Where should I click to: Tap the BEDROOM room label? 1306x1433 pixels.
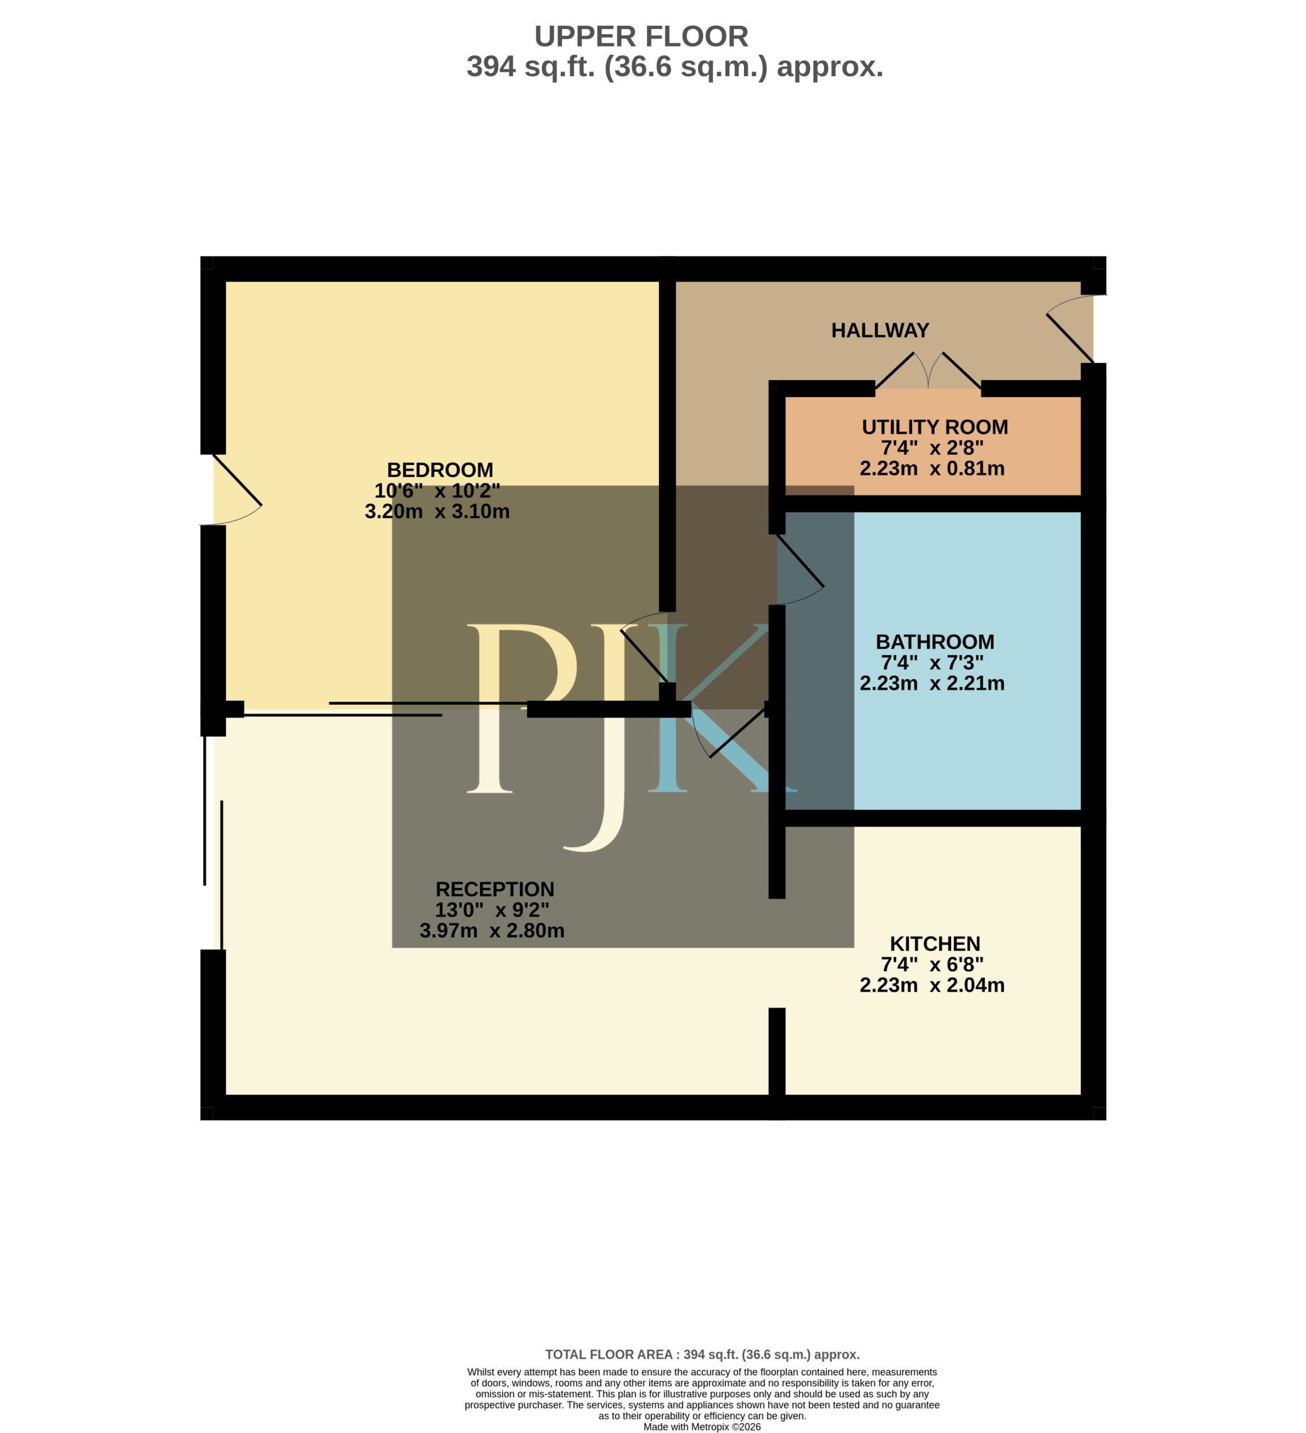tap(439, 470)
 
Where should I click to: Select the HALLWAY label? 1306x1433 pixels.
tap(879, 330)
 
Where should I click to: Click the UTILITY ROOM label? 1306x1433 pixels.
tap(934, 427)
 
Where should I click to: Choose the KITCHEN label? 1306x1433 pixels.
tap(934, 943)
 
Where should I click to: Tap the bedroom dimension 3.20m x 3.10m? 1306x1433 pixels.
tap(437, 511)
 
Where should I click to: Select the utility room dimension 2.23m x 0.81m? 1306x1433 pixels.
tap(931, 468)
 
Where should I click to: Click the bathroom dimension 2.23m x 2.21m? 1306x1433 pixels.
tap(931, 682)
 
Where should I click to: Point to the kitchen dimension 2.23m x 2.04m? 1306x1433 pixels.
tap(931, 985)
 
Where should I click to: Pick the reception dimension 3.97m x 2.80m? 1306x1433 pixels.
tap(491, 930)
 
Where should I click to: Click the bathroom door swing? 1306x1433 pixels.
tap(800, 569)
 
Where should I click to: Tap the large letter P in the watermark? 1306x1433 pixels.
tap(525, 708)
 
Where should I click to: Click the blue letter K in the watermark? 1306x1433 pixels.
tap(718, 708)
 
